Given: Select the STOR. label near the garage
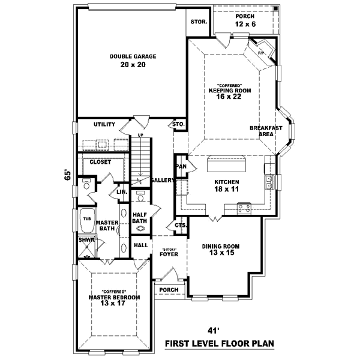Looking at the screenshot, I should pyautogui.click(x=199, y=21).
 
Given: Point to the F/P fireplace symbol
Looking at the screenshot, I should pyautogui.click(x=262, y=53).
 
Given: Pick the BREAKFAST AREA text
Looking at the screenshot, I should pyautogui.click(x=262, y=131).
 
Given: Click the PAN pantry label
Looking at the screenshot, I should pyautogui.click(x=180, y=166).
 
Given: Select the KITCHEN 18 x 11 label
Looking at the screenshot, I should pyautogui.click(x=227, y=185).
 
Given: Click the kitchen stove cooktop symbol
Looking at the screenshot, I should pyautogui.click(x=244, y=208).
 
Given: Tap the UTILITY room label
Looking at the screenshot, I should pyautogui.click(x=104, y=124).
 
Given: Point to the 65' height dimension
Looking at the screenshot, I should pyautogui.click(x=69, y=175).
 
